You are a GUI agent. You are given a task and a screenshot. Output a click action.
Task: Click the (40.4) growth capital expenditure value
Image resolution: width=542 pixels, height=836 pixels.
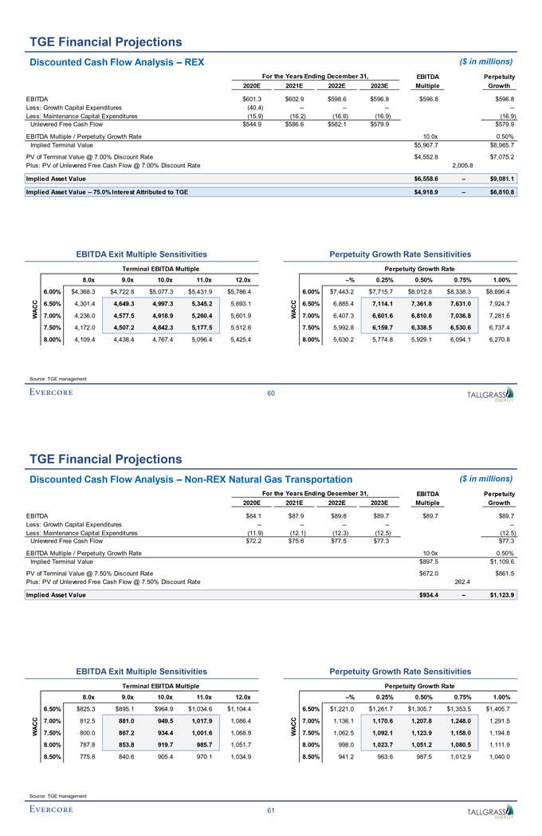coord(255,108)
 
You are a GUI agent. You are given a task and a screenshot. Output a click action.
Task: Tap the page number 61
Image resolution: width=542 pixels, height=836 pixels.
coord(271,811)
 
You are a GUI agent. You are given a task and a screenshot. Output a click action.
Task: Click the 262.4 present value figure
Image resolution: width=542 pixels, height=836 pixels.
coord(463,581)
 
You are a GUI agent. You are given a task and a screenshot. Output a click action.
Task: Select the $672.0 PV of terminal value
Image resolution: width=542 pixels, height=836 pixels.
coord(430,573)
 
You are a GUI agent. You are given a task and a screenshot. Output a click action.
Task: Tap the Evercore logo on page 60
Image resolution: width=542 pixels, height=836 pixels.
coord(51,392)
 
